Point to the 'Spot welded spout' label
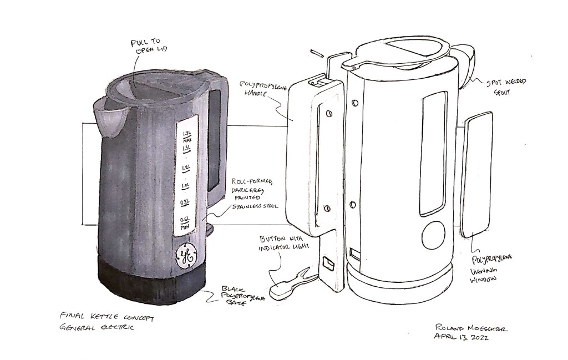pyautogui.click(x=507, y=86)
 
